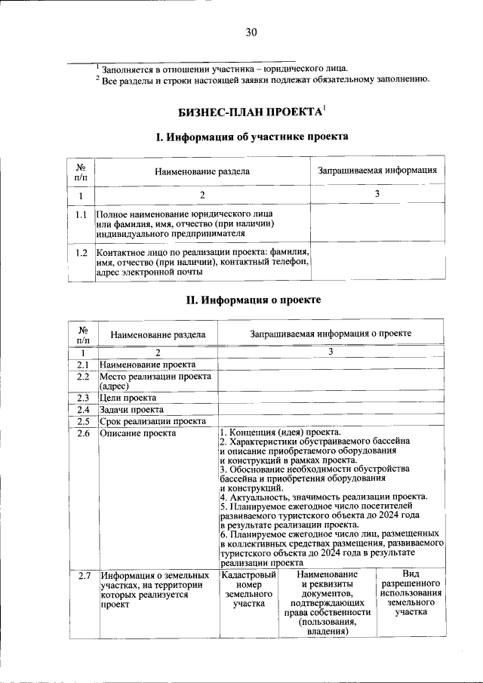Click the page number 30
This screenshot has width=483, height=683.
click(x=251, y=32)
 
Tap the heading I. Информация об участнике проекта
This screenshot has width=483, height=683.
click(x=251, y=137)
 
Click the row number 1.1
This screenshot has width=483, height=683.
click(x=81, y=216)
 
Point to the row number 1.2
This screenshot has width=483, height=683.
click(x=81, y=253)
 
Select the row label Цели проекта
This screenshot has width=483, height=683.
click(x=128, y=398)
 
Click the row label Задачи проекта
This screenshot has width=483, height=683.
click(x=131, y=410)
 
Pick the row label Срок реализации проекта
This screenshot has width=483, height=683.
click(x=152, y=422)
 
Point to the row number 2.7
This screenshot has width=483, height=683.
click(x=83, y=577)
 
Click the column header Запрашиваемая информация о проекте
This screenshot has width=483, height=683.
click(x=331, y=333)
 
